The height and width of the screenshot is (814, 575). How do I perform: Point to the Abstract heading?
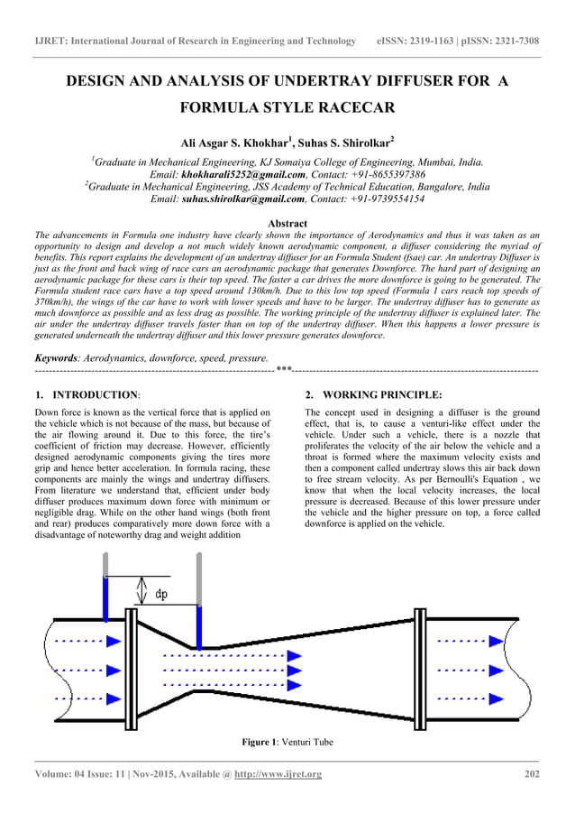click(x=287, y=223)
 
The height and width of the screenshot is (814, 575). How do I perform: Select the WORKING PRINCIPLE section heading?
click(x=382, y=395)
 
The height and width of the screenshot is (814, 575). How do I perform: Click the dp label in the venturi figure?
click(x=161, y=595)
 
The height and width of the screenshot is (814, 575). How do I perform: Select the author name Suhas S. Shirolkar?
click(x=342, y=143)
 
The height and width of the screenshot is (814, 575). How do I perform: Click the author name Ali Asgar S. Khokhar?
click(x=233, y=143)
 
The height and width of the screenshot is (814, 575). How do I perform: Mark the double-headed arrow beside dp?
click(x=140, y=591)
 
